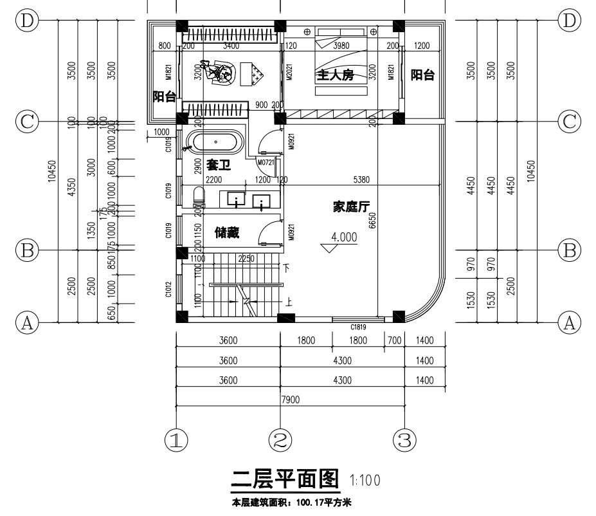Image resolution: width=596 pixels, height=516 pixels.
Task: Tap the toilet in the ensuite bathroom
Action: point(197,197)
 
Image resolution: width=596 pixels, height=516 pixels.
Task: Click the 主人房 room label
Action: point(334,75)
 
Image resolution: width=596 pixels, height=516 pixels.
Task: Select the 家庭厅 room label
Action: point(350,207)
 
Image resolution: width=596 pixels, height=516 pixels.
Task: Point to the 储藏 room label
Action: point(226,233)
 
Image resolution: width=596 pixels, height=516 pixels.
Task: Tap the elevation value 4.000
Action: point(343,237)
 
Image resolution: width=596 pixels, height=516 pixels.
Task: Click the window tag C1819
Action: point(359,327)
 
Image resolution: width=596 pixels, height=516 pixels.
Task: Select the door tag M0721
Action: point(266,162)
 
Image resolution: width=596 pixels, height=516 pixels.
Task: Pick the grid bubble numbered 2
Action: point(280,439)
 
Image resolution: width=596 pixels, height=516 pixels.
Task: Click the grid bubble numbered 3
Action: point(404,439)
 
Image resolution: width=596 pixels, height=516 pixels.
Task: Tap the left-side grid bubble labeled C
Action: point(27,121)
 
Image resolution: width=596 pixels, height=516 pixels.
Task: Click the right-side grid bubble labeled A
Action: point(568,322)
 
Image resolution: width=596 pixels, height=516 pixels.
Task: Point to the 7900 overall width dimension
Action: point(291,400)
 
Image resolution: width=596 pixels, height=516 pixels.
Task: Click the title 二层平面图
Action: point(284,479)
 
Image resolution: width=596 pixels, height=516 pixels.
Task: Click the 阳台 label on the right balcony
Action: point(422,75)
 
